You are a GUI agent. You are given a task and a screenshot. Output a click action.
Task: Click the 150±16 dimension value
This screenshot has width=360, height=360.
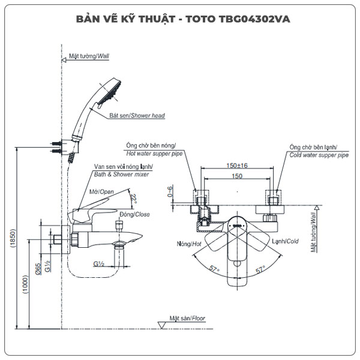click(237, 165)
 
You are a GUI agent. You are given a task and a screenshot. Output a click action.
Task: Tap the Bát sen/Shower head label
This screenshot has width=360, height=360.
click(137, 116)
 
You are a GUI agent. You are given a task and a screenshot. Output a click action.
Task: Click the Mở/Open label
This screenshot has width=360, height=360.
click(101, 191)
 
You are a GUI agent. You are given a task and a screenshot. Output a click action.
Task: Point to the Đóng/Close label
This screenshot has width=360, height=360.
click(134, 214)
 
